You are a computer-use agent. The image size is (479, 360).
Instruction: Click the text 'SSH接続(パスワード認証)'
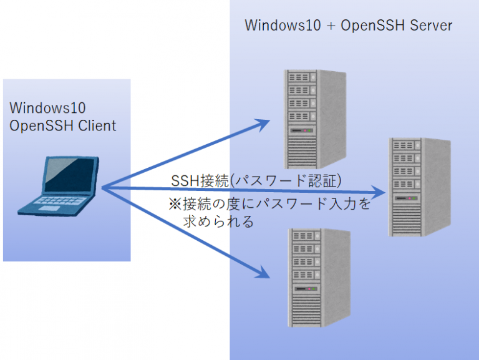point(256,181)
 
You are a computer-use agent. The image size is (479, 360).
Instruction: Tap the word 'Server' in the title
point(431,26)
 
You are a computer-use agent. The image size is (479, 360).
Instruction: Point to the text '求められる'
point(218,222)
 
